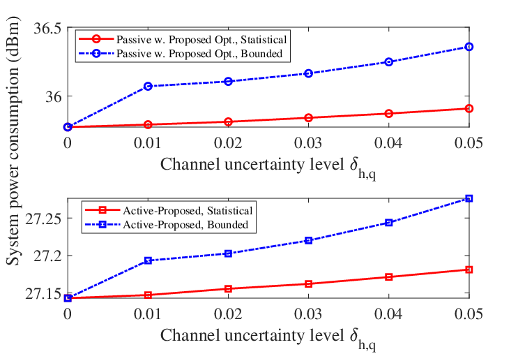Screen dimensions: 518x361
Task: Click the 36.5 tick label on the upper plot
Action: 47,29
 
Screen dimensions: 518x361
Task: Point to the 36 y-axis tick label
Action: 53,96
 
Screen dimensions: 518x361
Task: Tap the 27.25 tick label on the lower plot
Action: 43,219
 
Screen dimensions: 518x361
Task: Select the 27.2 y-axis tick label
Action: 47,256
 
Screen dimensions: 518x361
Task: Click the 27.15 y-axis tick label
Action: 43,294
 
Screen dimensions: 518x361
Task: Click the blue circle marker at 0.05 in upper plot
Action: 469,47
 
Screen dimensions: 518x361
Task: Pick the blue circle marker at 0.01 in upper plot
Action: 148,87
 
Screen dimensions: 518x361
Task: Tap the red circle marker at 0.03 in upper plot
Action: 309,118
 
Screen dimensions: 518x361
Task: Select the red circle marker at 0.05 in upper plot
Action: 469,108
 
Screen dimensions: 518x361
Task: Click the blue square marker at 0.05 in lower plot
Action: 469,198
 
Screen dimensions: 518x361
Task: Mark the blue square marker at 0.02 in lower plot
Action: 228,253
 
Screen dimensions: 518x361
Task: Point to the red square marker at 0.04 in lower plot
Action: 389,277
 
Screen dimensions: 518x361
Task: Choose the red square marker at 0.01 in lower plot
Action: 148,295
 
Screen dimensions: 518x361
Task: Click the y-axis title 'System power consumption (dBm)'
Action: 13,140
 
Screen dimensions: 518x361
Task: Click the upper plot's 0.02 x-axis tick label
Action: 228,143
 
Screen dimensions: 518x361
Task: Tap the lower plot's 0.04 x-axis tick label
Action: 389,314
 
